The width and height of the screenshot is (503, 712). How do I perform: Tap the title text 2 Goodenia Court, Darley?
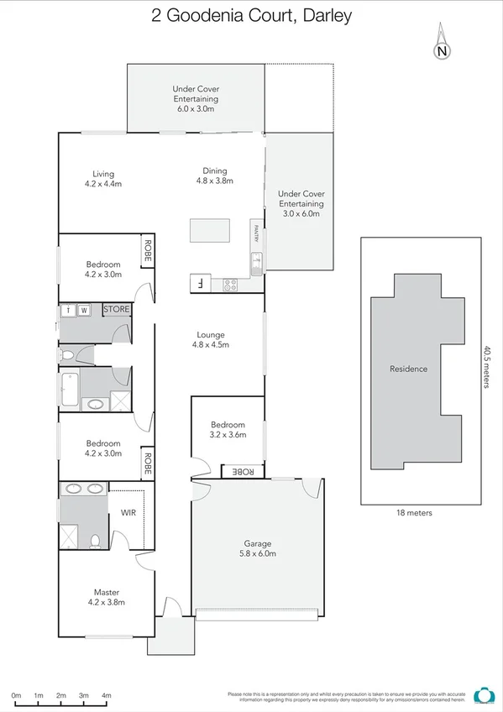pyautogui.click(x=251, y=15)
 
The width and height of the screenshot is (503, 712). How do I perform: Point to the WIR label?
pyautogui.click(x=128, y=512)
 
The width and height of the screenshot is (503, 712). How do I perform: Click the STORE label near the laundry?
pyautogui.click(x=117, y=310)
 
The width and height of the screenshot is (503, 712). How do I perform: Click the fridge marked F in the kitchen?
pyautogui.click(x=200, y=283)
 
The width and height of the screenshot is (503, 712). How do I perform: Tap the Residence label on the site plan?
pyautogui.click(x=408, y=369)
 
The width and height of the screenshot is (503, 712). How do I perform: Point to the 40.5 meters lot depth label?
pyautogui.click(x=486, y=368)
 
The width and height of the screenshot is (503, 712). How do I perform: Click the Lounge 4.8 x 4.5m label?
pyautogui.click(x=211, y=339)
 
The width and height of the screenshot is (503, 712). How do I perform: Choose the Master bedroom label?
pyautogui.click(x=106, y=598)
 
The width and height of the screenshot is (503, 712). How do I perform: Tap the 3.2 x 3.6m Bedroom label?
pyautogui.click(x=228, y=430)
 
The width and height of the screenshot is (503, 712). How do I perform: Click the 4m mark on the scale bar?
pyautogui.click(x=107, y=696)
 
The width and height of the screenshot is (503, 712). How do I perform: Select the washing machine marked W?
pyautogui.click(x=85, y=311)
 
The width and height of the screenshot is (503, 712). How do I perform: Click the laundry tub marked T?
pyautogui.click(x=68, y=311)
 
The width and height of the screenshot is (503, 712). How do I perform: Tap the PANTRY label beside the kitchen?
pyautogui.click(x=254, y=232)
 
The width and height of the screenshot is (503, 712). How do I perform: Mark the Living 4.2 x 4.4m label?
pyautogui.click(x=103, y=178)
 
